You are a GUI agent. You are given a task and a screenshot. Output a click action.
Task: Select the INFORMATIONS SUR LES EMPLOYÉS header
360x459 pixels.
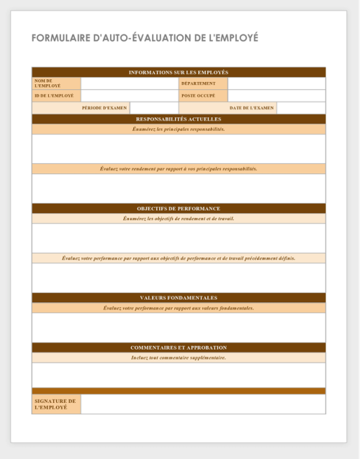pos(179,73)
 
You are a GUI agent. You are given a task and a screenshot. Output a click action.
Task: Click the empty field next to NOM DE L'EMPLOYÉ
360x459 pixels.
pos(130,83)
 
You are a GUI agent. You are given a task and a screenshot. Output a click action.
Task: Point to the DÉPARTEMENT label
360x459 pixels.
pos(198,83)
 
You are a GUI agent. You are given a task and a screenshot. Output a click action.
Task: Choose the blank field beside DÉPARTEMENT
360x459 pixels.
pos(276,83)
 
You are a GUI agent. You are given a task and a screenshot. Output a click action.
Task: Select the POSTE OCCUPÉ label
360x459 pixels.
pos(198,96)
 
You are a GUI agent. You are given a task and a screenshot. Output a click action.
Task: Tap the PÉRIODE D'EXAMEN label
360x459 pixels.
pos(104,108)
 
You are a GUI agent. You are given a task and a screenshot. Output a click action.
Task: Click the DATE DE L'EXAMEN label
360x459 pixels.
pos(252,108)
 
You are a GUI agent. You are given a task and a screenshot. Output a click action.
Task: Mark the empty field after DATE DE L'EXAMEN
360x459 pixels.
pos(301,108)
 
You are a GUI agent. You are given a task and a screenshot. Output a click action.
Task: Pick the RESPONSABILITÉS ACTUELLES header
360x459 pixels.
pos(179,119)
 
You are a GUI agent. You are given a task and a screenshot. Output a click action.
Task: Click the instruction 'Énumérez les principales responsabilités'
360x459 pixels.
pos(179,129)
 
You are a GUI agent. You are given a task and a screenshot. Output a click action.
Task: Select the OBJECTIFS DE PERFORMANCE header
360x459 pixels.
pos(179,209)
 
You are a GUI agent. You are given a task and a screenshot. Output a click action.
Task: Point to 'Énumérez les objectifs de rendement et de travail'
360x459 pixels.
pos(179,219)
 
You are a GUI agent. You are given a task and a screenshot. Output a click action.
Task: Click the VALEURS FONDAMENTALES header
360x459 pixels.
pos(179,298)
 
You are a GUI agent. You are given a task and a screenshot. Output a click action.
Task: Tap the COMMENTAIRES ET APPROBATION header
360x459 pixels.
pos(179,347)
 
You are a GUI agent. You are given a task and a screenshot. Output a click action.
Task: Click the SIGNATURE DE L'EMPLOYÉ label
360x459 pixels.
pos(55,404)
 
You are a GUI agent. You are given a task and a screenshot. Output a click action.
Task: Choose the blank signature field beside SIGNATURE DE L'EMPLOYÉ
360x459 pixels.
pos(203,404)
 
